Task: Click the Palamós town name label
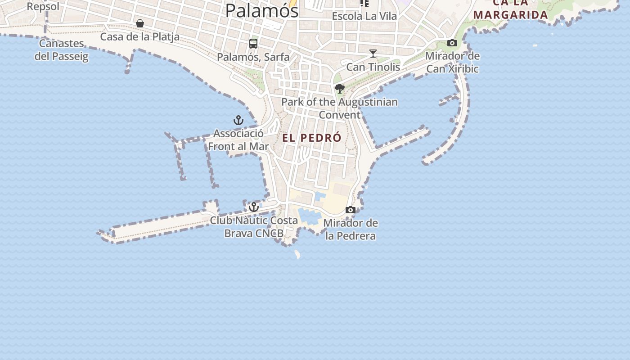click(261, 10)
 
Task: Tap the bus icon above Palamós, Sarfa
click(253, 44)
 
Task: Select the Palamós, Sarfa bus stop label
click(253, 57)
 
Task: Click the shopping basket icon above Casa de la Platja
click(140, 23)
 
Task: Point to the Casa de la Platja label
click(139, 37)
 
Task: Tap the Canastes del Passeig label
click(62, 50)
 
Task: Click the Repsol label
click(43, 6)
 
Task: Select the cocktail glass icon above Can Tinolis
click(373, 54)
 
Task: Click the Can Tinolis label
click(373, 67)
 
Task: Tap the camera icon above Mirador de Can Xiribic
click(452, 43)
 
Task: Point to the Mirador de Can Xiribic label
click(452, 63)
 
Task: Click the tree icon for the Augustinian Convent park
click(340, 89)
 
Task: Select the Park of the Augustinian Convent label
click(340, 108)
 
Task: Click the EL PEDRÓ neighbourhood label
click(312, 138)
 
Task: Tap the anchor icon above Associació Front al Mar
click(238, 120)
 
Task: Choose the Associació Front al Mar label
click(238, 140)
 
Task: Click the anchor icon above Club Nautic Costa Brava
click(254, 207)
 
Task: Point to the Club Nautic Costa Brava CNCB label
click(254, 227)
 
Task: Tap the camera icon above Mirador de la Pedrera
click(351, 210)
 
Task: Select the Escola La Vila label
click(364, 16)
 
